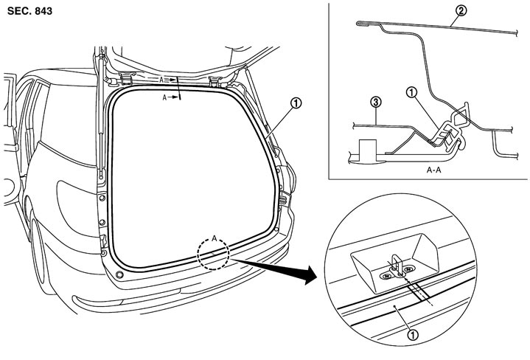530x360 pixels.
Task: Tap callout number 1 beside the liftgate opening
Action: click(294, 104)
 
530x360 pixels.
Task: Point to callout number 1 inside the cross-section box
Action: click(411, 93)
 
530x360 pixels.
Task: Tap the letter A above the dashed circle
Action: click(215, 238)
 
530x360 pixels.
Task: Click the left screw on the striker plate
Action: click(386, 275)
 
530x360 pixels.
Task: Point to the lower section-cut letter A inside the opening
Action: click(167, 97)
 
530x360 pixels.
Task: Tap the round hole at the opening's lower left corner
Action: click(117, 274)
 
